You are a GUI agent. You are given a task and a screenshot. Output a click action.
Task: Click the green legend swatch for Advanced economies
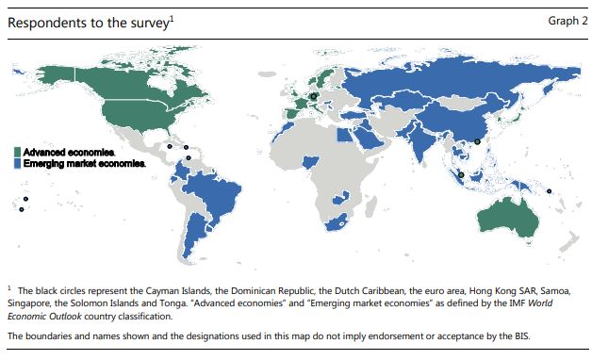click(19, 151)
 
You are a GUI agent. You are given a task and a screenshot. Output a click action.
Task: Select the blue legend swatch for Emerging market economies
click(19, 162)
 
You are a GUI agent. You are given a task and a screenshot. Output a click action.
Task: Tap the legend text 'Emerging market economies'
click(84, 162)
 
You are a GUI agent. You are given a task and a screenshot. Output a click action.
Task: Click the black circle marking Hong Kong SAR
click(478, 141)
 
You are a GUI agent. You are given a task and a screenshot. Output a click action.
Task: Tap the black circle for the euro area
click(314, 95)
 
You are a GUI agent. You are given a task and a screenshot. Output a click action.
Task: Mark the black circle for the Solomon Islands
click(550, 195)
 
